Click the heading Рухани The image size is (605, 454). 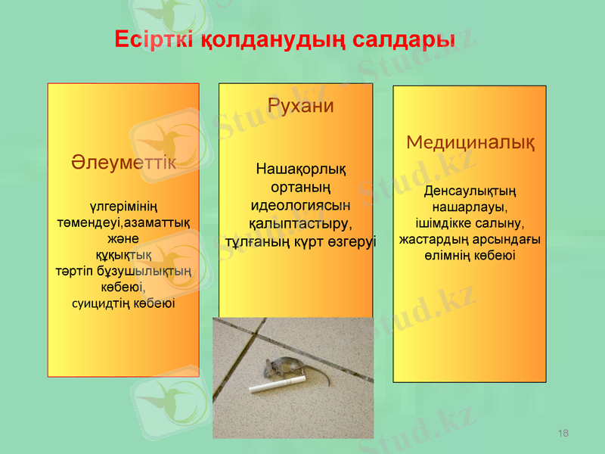301,106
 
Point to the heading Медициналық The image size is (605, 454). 470,142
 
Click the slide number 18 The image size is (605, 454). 563,432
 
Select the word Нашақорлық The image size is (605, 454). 301,168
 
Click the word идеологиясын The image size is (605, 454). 300,205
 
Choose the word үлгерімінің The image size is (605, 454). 124,206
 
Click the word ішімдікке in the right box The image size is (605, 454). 444,223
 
